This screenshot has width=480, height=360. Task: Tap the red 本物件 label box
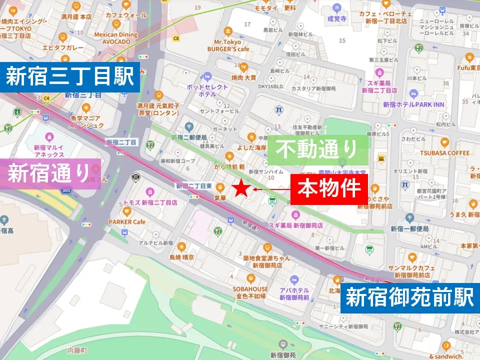pos(329,189)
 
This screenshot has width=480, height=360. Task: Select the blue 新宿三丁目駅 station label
pos(69,77)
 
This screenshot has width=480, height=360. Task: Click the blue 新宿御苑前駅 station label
pos(409,298)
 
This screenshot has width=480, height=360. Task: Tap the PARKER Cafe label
pos(127,221)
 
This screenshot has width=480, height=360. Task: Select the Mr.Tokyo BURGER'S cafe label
pos(228,46)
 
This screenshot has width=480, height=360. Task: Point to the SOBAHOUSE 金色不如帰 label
pos(250,292)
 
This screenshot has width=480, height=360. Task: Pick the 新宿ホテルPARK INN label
pos(413,104)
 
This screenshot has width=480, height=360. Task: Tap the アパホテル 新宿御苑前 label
pos(294,293)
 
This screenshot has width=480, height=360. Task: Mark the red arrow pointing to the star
pos(270,189)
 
